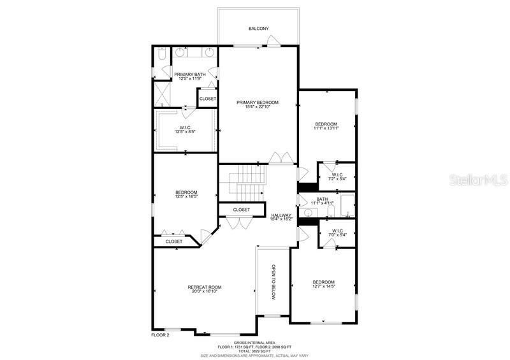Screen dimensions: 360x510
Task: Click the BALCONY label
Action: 258,29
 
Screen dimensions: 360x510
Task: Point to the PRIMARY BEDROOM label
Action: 258,102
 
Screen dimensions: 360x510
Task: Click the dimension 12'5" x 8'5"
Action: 185,132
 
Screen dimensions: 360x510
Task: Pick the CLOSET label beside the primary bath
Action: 207,99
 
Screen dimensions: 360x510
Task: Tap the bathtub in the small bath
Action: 346,205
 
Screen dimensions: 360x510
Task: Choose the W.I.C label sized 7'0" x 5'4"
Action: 337,233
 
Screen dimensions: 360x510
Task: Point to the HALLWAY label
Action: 281,215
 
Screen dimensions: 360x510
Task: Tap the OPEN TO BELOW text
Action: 273,282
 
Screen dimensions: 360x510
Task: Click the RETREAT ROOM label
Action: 204,287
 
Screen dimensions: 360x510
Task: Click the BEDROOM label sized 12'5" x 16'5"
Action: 186,192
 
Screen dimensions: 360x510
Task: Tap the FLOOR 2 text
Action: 160,335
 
